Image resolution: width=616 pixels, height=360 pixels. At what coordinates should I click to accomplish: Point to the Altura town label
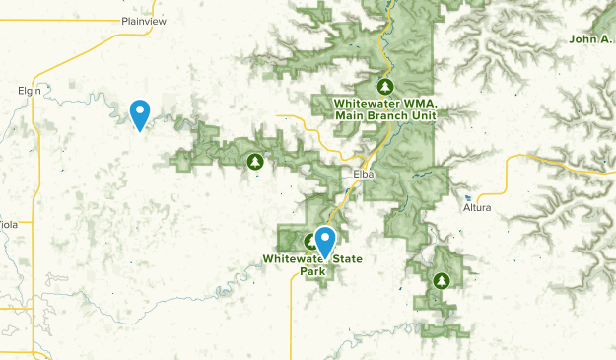[476, 208]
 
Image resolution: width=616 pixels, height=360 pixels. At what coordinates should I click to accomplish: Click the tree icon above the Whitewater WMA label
[387, 86]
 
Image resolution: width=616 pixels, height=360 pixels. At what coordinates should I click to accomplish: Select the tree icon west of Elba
[256, 161]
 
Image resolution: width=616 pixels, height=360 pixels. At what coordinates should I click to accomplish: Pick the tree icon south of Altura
[441, 281]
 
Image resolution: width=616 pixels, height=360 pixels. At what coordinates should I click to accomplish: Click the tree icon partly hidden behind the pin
[310, 241]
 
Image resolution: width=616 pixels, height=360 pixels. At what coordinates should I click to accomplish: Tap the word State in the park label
[345, 259]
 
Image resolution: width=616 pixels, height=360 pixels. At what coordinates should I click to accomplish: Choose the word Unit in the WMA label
[424, 115]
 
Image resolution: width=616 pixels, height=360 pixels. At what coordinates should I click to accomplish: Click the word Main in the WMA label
[350, 115]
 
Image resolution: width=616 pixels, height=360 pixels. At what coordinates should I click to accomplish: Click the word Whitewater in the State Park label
[294, 259]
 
